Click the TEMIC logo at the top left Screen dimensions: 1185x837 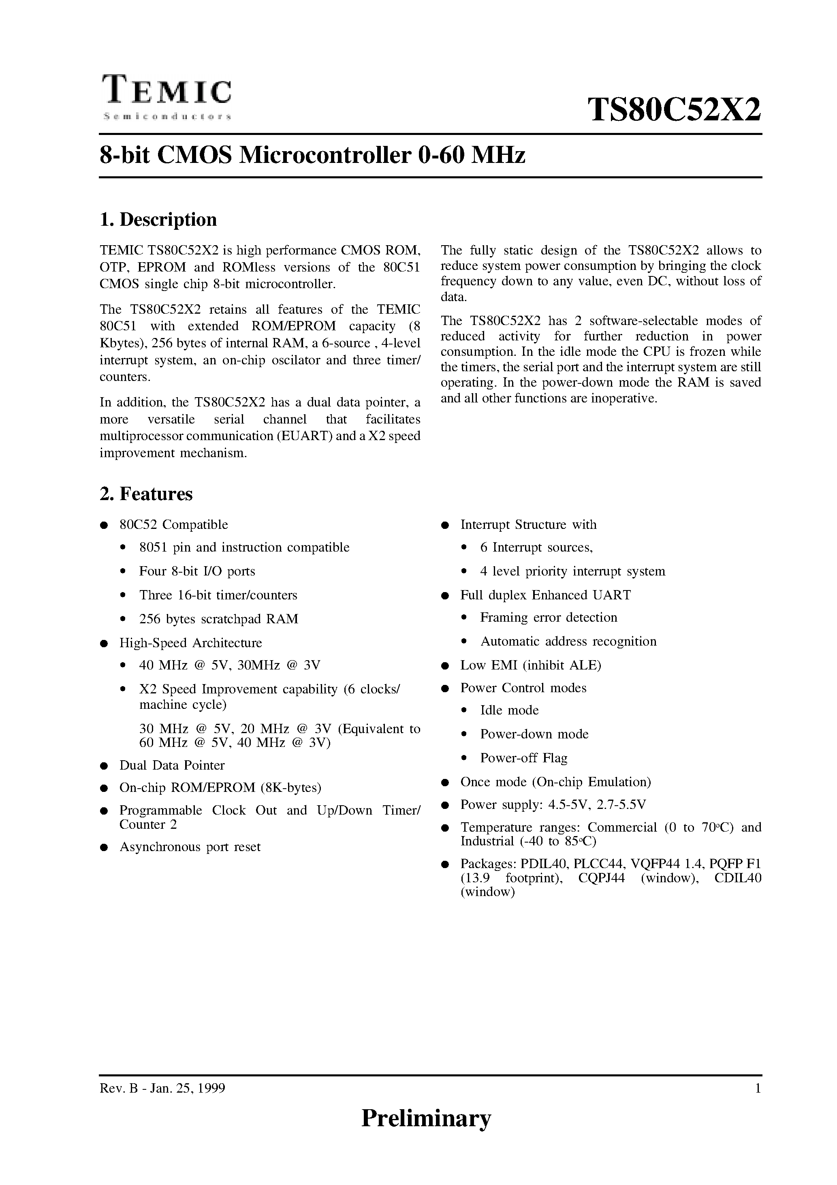tap(167, 91)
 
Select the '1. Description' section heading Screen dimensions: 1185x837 tap(158, 219)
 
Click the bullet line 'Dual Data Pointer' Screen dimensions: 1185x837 tap(172, 765)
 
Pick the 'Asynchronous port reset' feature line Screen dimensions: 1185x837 tap(190, 847)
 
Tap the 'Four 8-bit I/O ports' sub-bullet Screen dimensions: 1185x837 tap(197, 571)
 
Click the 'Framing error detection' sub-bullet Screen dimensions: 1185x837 tap(549, 617)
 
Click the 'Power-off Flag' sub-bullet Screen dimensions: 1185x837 tap(524, 758)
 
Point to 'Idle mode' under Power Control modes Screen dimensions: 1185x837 tap(509, 710)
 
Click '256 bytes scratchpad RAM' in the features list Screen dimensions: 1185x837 tap(219, 618)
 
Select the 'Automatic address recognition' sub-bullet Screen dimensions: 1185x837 tap(568, 641)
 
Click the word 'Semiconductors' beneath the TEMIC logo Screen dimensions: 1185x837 tap(167, 117)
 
